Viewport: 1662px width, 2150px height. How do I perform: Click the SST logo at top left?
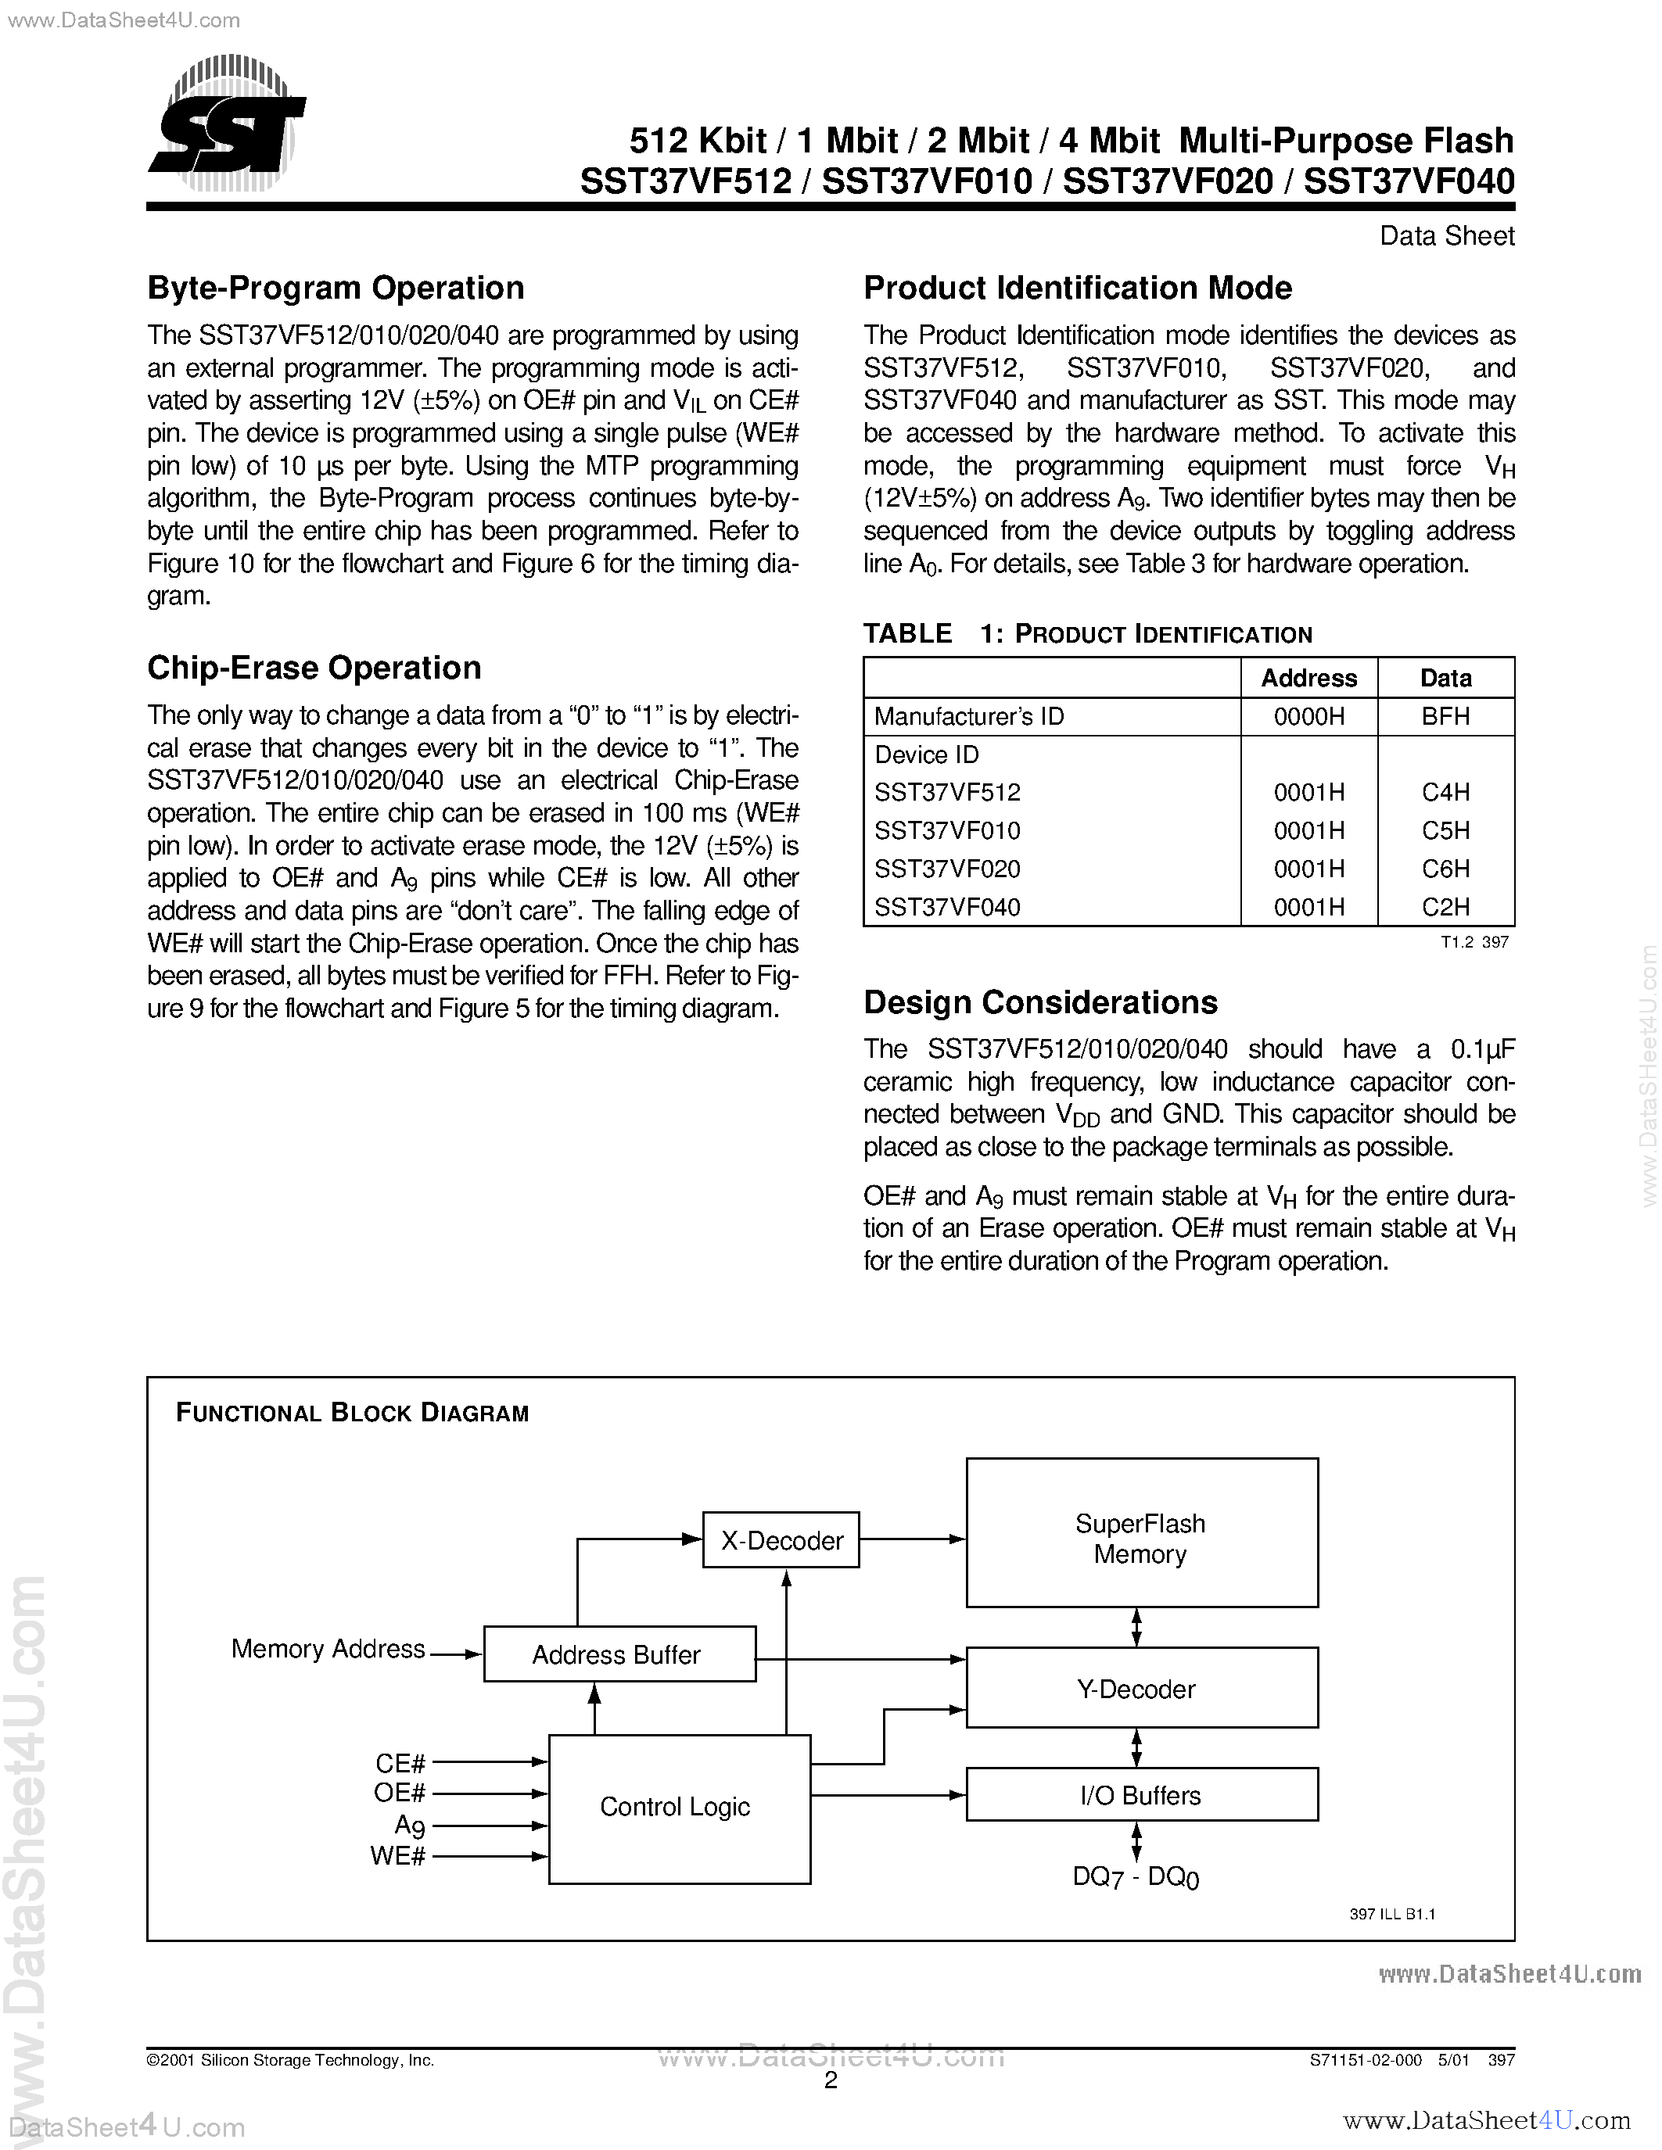(228, 126)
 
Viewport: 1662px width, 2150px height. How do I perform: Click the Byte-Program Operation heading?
(336, 288)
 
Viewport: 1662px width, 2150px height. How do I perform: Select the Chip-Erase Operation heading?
(314, 668)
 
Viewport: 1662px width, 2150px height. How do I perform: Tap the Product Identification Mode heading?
(1077, 288)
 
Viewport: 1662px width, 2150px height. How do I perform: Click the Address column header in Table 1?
(1308, 679)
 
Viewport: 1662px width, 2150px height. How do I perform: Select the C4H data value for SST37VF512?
(1445, 793)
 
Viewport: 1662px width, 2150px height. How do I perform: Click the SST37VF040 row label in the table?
(947, 907)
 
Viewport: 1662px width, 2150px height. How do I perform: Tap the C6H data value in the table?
(1445, 869)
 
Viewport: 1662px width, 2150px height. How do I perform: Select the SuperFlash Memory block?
(1141, 1539)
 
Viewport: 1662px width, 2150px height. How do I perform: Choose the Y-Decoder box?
(1141, 1690)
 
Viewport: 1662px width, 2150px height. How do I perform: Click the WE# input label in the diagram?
(398, 1857)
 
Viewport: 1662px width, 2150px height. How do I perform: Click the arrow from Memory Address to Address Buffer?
(457, 1655)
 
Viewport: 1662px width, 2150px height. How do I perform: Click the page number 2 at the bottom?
(830, 2081)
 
